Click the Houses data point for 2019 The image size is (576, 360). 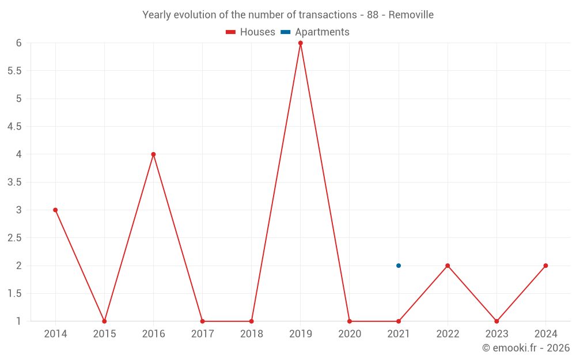pos(301,43)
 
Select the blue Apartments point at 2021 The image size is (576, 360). pos(399,266)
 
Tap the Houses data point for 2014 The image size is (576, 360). pos(55,210)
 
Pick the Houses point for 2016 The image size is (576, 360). pos(153,154)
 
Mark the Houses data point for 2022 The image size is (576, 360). pos(448,266)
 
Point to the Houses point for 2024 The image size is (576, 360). pos(545,266)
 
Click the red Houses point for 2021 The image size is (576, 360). pos(399,321)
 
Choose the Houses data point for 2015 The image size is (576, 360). pos(104,321)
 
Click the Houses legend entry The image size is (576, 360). pos(251,32)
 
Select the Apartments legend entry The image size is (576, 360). pos(315,32)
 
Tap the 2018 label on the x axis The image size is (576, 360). pos(252,334)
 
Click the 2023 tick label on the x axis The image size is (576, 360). pos(497,334)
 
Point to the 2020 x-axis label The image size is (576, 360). pos(350,334)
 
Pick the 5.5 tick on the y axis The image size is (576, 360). pos(14,71)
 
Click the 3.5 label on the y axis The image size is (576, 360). pos(14,183)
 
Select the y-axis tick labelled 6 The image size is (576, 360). pos(19,43)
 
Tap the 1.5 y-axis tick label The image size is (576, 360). pos(14,294)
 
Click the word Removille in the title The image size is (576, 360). pos(411,15)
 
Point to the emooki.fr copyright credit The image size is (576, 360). pos(526,348)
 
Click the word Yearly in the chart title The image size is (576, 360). pos(157,15)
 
